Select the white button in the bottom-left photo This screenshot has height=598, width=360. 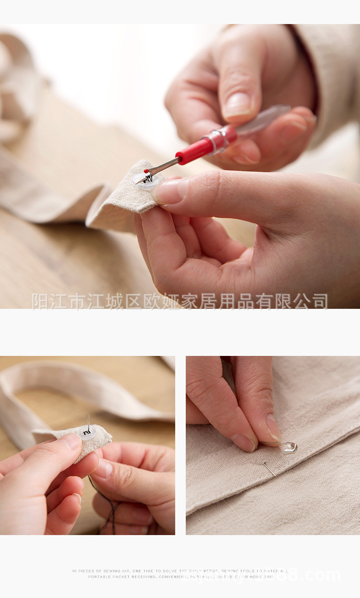pos(87,433)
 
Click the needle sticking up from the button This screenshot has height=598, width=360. pos(89,423)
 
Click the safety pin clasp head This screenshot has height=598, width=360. pos(289,448)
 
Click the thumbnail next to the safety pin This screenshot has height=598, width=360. pos(273,427)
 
